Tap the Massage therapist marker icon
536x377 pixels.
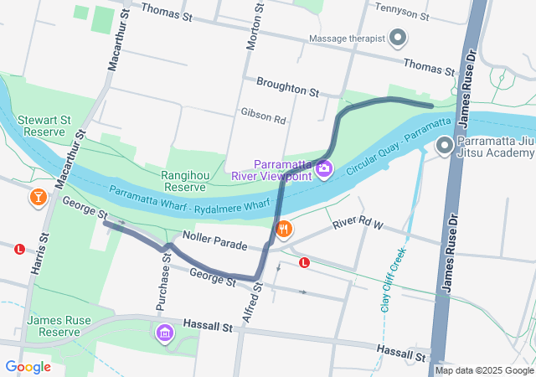point(399,39)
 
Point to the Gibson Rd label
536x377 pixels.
point(263,111)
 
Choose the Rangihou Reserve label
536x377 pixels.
point(189,181)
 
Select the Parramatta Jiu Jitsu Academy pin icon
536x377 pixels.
point(444,147)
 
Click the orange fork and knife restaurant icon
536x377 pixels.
point(284,229)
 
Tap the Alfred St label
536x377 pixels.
point(256,298)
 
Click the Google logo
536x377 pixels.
point(28,367)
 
